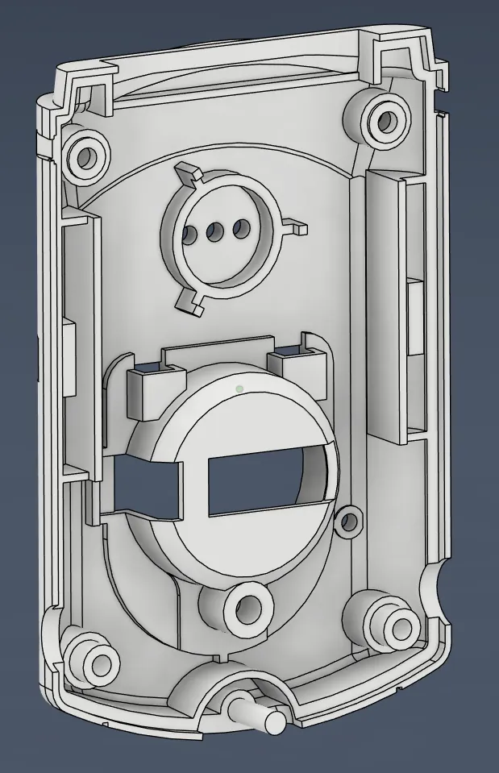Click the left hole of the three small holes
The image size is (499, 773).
[x=189, y=235]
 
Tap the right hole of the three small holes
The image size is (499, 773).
[x=239, y=230]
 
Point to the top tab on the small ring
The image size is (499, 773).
[x=187, y=172]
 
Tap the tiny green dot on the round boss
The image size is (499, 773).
[x=239, y=389]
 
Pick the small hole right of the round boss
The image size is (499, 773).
[x=348, y=522]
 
